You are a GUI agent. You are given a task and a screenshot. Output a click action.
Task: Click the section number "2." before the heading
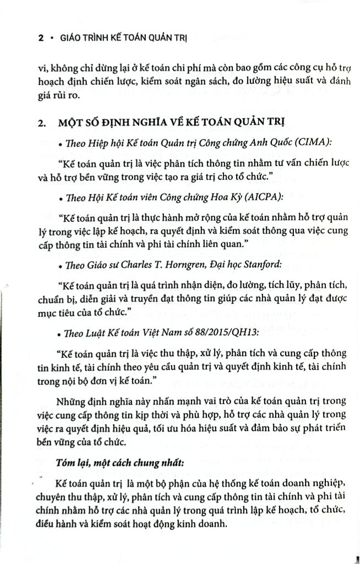[x=43, y=122]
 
